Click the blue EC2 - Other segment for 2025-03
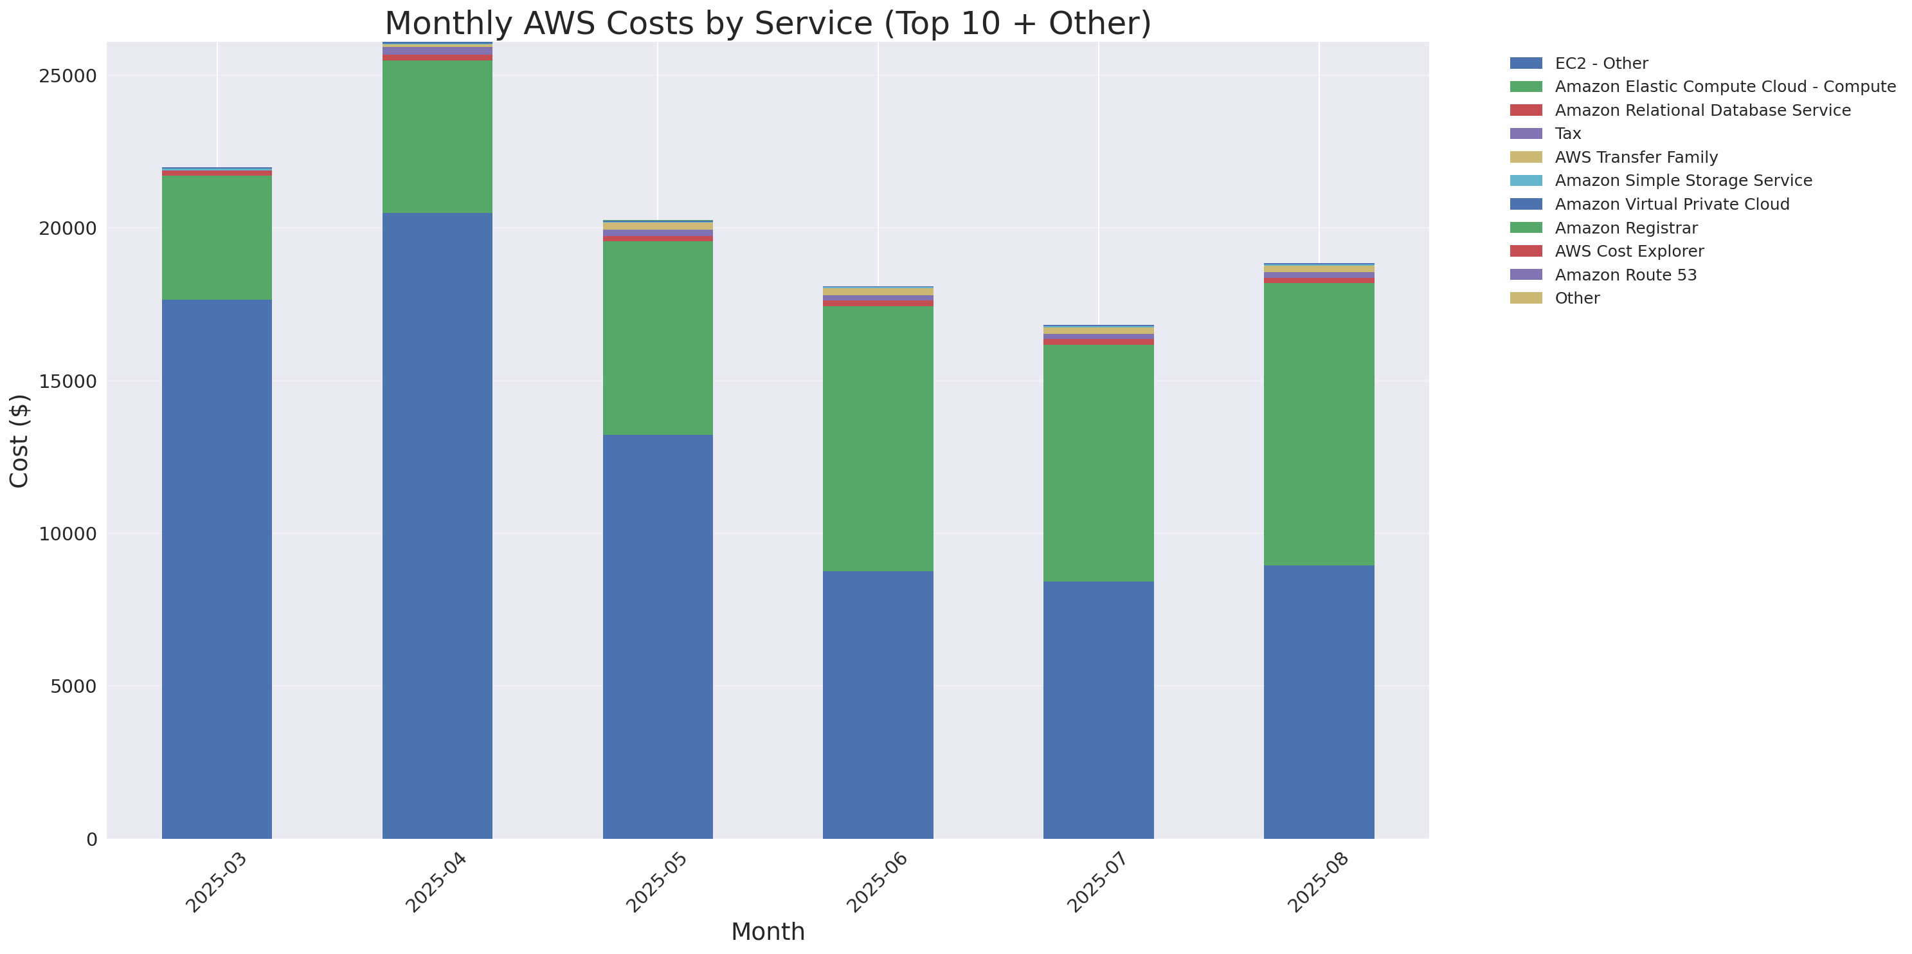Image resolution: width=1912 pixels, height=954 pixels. [217, 569]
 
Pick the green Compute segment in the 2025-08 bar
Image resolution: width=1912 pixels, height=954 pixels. [1319, 424]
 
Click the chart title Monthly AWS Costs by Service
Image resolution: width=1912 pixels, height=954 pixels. [768, 23]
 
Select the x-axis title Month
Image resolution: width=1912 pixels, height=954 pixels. [768, 931]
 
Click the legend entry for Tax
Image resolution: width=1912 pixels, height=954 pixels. [1567, 134]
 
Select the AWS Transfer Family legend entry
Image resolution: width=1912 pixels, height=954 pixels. [1636, 158]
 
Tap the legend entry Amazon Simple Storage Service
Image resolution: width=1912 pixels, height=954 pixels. [1682, 180]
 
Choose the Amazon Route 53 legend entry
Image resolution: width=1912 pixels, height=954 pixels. [1625, 275]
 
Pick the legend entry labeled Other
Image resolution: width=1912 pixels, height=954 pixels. [1576, 298]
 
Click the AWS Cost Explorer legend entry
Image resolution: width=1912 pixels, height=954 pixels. [1628, 251]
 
